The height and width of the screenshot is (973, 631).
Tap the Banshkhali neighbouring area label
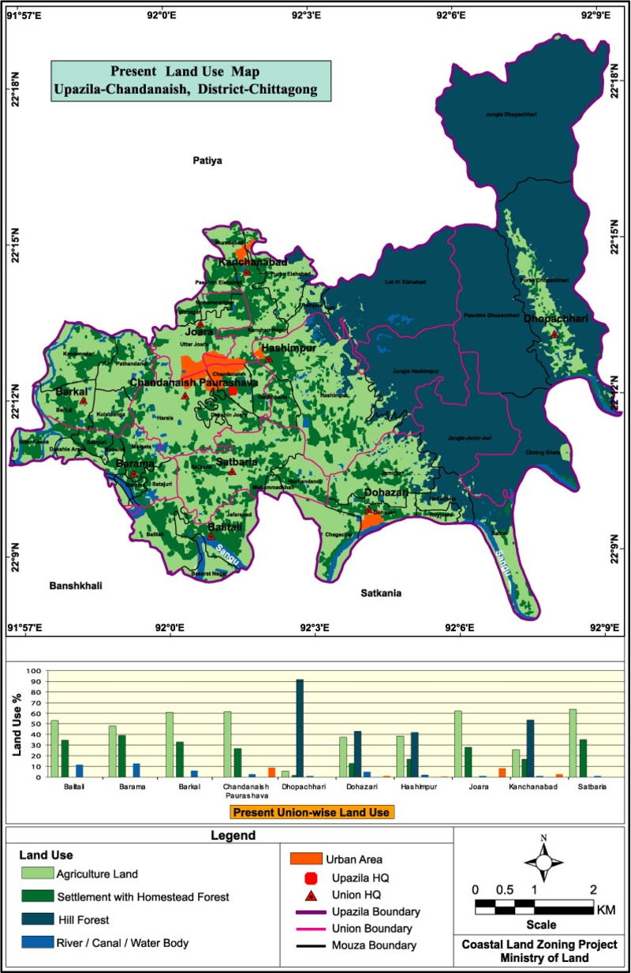point(77,586)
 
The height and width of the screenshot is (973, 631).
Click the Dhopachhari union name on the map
point(556,319)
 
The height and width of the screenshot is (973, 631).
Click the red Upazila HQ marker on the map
point(233,391)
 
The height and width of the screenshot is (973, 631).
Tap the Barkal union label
point(69,391)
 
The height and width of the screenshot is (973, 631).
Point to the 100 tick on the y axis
point(33,671)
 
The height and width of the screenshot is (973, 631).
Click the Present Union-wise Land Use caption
point(313,810)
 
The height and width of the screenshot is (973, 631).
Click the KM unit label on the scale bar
point(606,910)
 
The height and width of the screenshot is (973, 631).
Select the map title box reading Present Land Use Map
point(191,81)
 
